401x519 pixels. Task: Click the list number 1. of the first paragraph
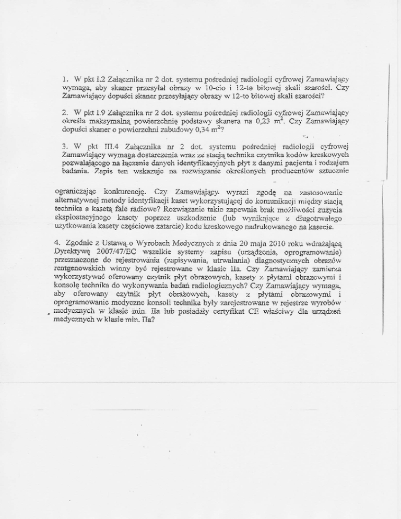click(x=64, y=79)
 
